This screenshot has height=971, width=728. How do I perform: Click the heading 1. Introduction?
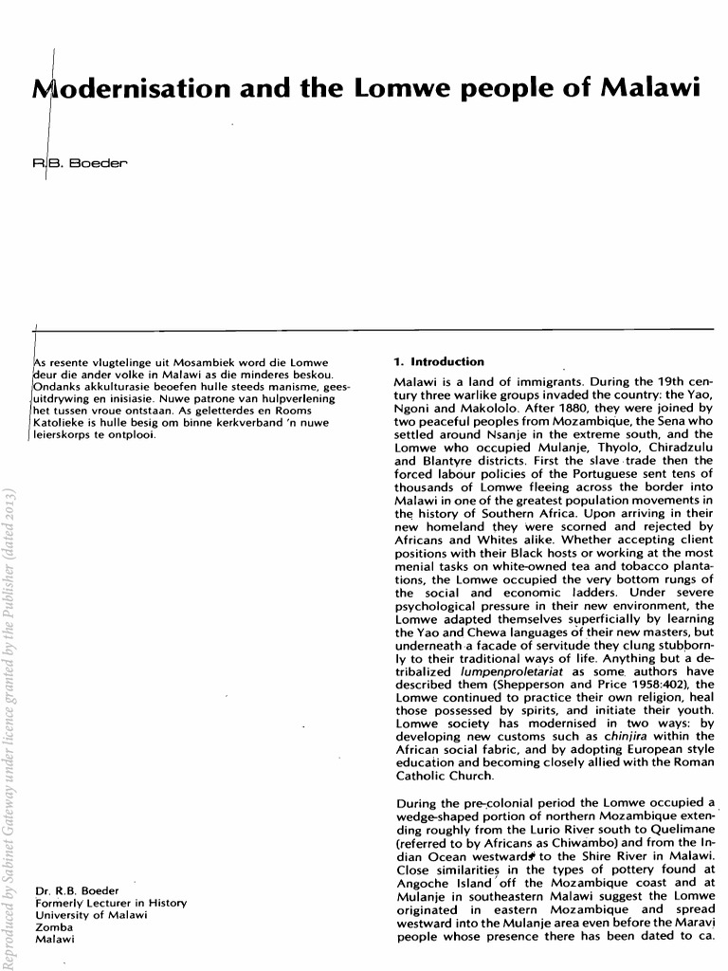click(x=438, y=361)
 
